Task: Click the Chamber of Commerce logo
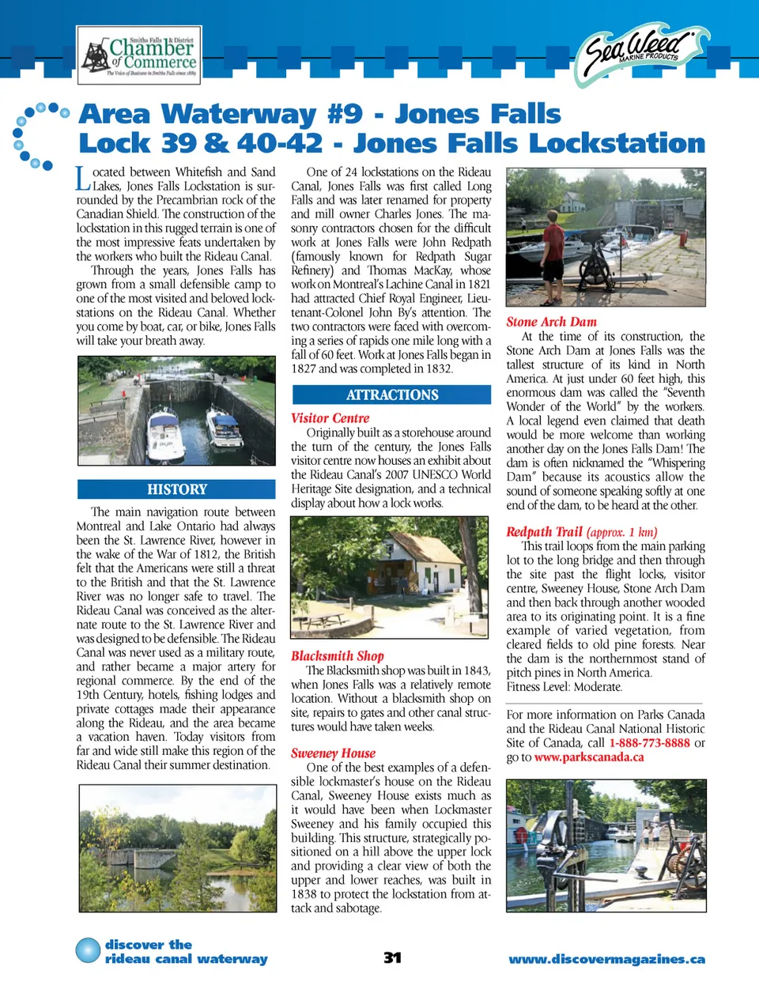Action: pos(138,55)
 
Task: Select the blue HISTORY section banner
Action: pos(176,489)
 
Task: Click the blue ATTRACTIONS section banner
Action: pos(392,394)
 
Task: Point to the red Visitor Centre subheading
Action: pos(330,418)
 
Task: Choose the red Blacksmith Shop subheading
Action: pos(337,655)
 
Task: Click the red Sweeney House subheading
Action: pos(333,753)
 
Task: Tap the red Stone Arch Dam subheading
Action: pos(551,322)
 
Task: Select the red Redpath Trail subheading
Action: pos(544,532)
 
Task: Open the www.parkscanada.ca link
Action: pos(588,757)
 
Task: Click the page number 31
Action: pos(392,957)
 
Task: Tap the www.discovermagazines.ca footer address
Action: pos(606,959)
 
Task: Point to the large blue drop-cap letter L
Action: pos(83,178)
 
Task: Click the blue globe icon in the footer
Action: pos(88,950)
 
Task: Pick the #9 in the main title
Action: pos(346,114)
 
